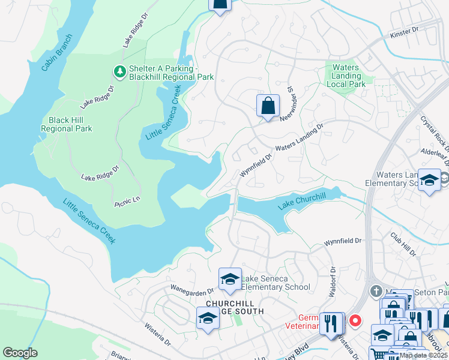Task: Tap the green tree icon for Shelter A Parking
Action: [x=119, y=71]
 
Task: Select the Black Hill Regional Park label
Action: [x=66, y=124]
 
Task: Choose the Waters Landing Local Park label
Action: [x=346, y=76]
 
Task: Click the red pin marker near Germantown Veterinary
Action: [x=355, y=320]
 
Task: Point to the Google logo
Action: [x=20, y=353]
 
